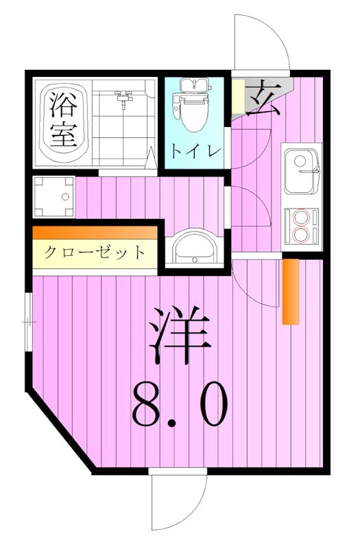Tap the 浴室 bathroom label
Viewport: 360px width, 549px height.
coord(62,120)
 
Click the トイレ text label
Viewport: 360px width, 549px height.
coord(195,150)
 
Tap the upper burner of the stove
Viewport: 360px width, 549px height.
coord(302,218)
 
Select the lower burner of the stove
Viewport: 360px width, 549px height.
coord(302,233)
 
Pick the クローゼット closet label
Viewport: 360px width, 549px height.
coord(95,253)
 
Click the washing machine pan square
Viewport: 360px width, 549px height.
coord(53,197)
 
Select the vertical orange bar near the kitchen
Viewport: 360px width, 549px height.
coord(291,291)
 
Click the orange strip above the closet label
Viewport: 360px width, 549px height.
coord(95,233)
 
